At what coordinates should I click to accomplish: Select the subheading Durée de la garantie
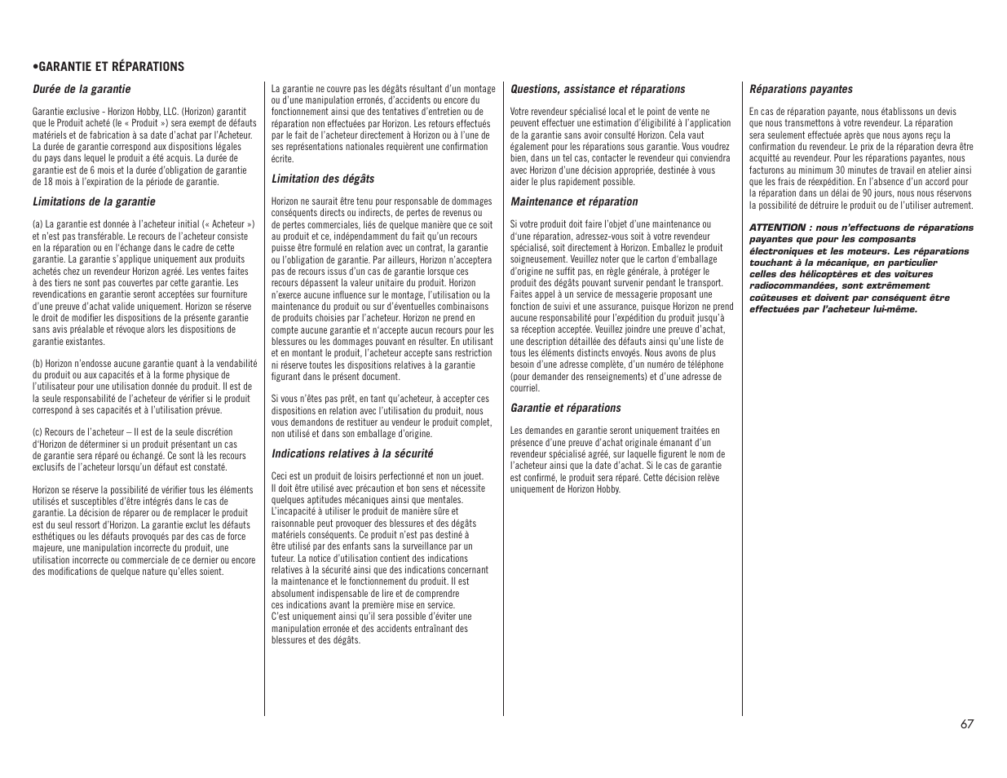82,89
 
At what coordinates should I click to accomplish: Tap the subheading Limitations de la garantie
94,201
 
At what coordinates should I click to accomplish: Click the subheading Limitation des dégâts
323,179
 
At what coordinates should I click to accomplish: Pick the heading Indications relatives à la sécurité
352,453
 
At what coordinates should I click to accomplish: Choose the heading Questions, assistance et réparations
598,89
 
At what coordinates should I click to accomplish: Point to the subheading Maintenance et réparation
574,201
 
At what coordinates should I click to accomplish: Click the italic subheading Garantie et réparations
566,408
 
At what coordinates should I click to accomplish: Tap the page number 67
966,723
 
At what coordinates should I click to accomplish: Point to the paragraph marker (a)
38,224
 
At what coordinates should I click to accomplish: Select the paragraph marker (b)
38,364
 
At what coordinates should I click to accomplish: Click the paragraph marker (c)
38,432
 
